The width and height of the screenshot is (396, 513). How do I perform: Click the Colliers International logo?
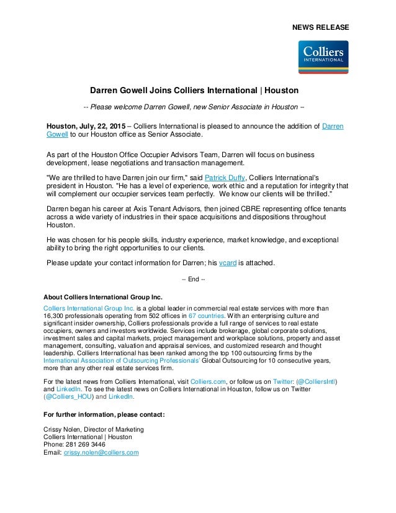coord(323,58)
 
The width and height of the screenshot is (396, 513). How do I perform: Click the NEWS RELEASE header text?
coord(320,27)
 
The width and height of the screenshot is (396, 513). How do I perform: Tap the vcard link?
coord(227,263)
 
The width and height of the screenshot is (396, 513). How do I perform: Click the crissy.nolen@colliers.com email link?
coord(101,453)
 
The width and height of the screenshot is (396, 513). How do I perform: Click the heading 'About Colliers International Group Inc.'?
coord(104,297)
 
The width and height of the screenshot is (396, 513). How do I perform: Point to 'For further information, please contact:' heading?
coord(107,414)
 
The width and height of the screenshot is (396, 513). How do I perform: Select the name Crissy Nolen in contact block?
coord(60,429)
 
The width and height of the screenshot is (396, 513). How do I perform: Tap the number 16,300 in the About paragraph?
coord(54,316)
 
